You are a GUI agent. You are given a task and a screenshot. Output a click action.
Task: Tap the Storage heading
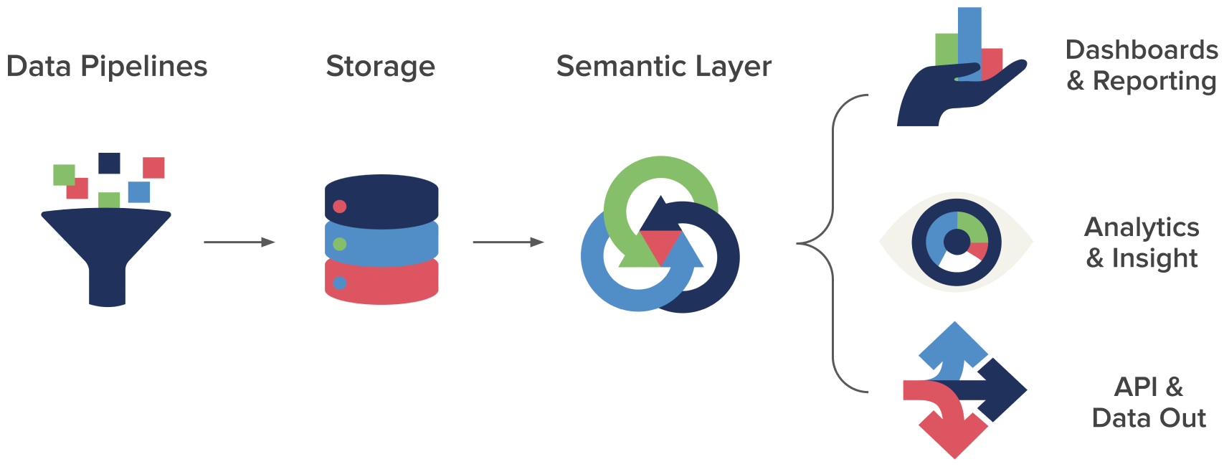pyautogui.click(x=380, y=67)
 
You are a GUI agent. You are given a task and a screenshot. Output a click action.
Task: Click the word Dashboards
pyautogui.click(x=1141, y=49)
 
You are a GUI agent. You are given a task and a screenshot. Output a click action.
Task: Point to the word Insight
pyautogui.click(x=1154, y=258)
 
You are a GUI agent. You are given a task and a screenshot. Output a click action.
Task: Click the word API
pyautogui.click(x=1137, y=387)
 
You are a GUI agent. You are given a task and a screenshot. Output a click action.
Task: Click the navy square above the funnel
pyautogui.click(x=109, y=163)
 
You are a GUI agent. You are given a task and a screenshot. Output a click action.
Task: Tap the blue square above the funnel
pyautogui.click(x=139, y=192)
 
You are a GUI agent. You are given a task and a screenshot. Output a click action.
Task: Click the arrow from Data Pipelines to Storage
pyautogui.click(x=239, y=242)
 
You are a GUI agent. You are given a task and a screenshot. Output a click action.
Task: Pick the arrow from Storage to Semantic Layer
pyautogui.click(x=508, y=242)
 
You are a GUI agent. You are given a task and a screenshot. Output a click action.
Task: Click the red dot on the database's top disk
pyautogui.click(x=340, y=207)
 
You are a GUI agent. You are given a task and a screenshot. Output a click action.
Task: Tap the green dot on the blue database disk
pyautogui.click(x=340, y=244)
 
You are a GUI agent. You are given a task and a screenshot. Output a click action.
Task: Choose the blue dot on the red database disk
pyautogui.click(x=340, y=283)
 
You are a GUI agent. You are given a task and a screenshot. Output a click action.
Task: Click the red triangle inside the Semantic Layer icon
pyautogui.click(x=660, y=244)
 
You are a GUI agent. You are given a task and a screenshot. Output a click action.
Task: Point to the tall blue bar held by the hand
pyautogui.click(x=969, y=36)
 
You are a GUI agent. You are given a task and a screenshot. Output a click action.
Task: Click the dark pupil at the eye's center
pyautogui.click(x=957, y=242)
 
